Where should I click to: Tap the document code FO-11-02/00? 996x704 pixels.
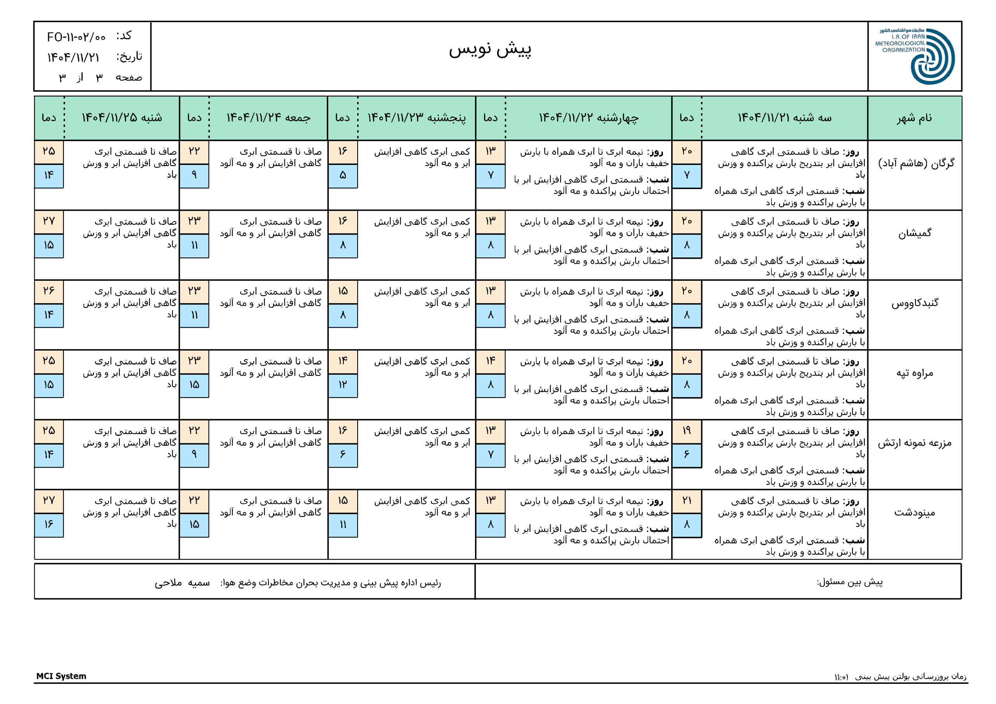76,37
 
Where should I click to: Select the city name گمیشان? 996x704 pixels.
914,233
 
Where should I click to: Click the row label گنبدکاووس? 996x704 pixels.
914,303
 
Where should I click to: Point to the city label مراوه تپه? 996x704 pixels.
914,373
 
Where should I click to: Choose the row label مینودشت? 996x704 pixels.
914,513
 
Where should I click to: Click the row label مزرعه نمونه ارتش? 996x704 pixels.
914,443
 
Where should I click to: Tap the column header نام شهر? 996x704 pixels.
914,118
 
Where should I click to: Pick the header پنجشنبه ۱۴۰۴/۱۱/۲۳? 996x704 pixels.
416,118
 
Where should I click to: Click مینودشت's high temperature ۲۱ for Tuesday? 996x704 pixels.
686,501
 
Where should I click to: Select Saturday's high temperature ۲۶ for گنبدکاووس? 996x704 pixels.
49,291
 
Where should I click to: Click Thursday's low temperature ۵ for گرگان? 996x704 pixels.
343,176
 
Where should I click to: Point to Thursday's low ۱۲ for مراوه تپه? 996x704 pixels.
343,385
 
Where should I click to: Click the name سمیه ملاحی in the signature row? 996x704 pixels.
182,583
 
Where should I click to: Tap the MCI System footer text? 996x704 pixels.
61,676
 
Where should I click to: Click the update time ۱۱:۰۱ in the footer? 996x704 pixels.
842,677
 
